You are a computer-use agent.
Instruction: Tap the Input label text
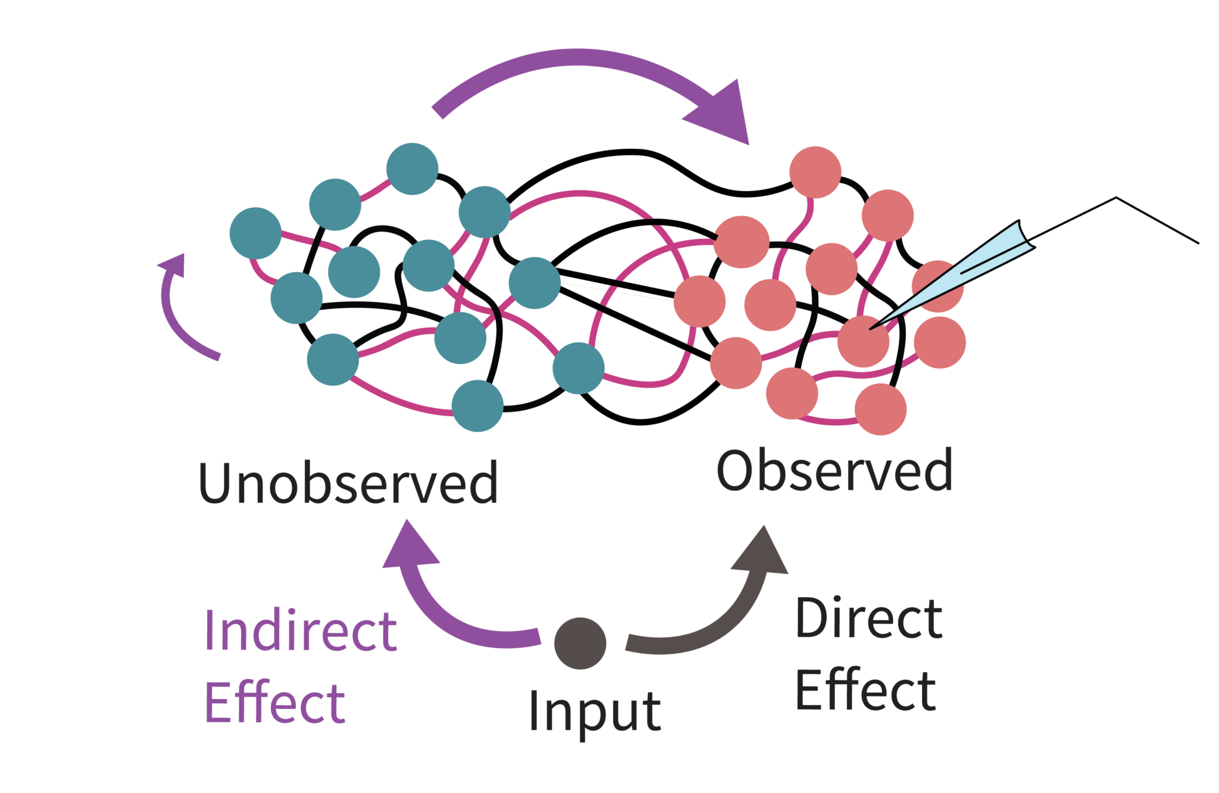(x=595, y=711)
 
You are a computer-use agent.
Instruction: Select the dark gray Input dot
(x=580, y=643)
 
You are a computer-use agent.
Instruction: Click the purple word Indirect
(x=301, y=631)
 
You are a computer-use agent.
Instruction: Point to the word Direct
(x=869, y=619)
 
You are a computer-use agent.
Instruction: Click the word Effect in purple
(x=274, y=703)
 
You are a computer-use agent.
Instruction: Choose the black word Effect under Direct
(x=865, y=691)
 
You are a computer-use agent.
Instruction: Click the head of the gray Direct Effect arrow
(x=763, y=551)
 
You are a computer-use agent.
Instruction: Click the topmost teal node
(x=412, y=169)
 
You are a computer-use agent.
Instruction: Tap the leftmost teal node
(x=255, y=233)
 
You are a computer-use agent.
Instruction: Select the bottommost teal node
(x=477, y=406)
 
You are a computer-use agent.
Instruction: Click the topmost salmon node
(x=815, y=172)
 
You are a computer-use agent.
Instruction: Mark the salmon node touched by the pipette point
(x=863, y=342)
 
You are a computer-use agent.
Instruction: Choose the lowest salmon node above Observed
(x=880, y=410)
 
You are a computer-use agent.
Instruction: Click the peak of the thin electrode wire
(x=1116, y=198)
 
